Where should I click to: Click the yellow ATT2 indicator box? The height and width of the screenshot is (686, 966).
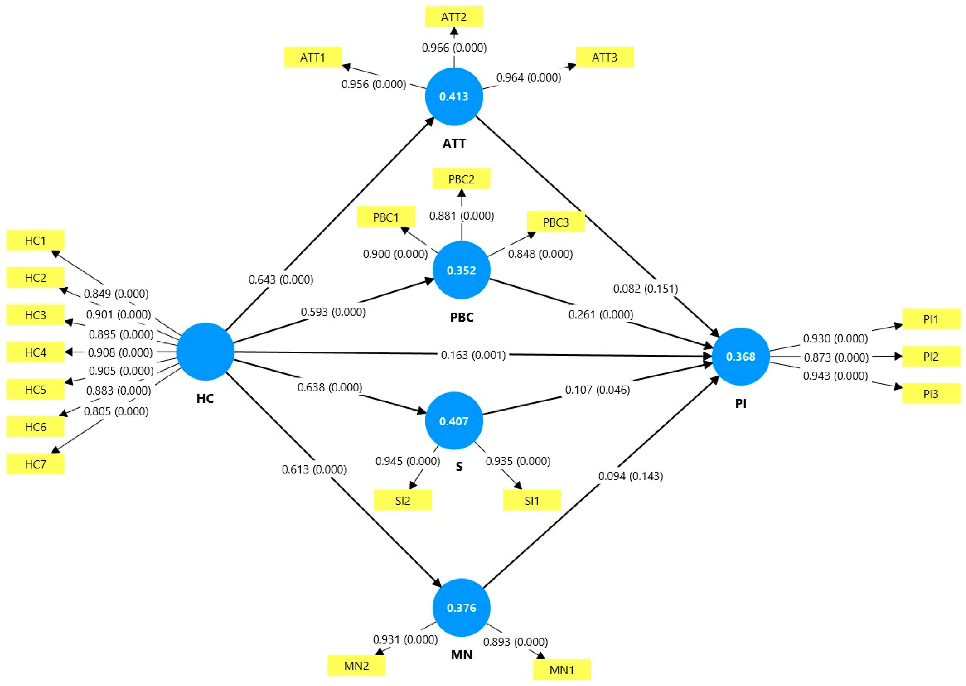(x=454, y=17)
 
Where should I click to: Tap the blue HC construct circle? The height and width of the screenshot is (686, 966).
(x=205, y=351)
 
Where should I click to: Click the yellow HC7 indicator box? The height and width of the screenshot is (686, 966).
(x=36, y=464)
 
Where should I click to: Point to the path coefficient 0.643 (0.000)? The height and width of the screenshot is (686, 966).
(x=281, y=280)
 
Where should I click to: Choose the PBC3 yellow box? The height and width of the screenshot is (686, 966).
(x=556, y=222)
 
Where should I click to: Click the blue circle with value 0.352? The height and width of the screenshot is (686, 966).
(x=461, y=270)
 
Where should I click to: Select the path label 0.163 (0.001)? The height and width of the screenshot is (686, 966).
(x=473, y=355)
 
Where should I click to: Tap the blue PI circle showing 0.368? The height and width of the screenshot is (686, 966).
(x=740, y=357)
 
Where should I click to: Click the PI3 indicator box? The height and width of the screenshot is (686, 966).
(x=931, y=394)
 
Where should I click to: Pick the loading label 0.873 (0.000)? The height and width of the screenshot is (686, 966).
(x=836, y=357)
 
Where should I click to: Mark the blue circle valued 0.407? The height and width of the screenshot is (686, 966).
(x=454, y=421)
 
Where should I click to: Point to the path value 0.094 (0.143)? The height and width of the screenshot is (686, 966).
(x=630, y=476)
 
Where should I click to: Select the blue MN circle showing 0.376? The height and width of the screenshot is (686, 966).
(x=461, y=608)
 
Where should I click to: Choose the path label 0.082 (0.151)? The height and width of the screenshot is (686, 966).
(x=646, y=289)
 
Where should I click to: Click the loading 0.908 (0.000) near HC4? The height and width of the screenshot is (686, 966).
(x=120, y=352)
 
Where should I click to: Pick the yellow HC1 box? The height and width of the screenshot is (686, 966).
(x=36, y=240)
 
